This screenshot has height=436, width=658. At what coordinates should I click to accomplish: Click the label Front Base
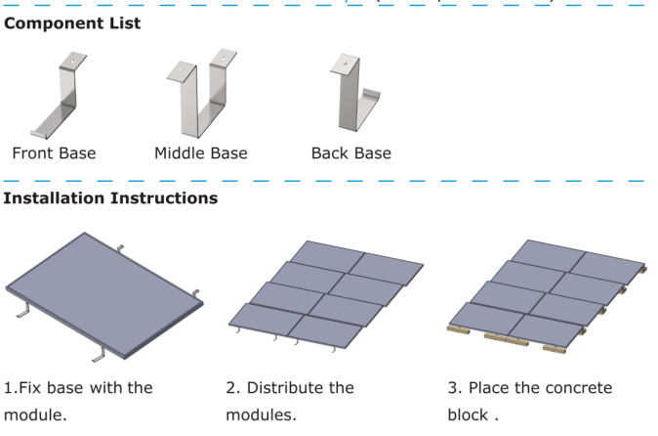55,153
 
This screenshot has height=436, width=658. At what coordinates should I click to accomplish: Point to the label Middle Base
201,153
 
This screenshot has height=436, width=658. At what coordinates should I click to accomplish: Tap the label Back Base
350,153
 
